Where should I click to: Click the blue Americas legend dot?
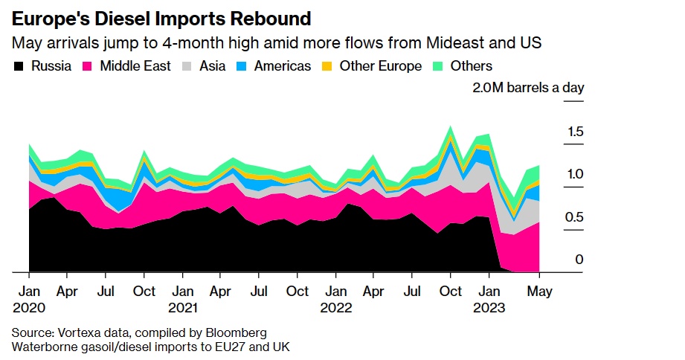click(243, 67)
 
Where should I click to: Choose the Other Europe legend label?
click(380, 67)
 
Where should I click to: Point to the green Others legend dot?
click(437, 67)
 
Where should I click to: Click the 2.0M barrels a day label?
click(528, 88)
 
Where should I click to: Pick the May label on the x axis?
click(539, 292)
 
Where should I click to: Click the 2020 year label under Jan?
click(29, 307)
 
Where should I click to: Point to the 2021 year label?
click(183, 307)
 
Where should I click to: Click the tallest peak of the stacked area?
click(450, 127)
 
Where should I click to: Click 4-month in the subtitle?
click(198, 42)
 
